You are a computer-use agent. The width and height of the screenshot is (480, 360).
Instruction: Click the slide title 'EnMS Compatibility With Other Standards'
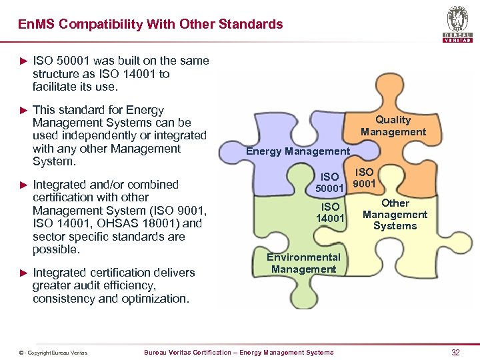[x=151, y=25]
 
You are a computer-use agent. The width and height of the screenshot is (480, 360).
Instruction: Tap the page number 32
[x=455, y=352]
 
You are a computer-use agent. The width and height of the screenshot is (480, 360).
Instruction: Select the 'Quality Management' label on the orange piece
[x=393, y=126]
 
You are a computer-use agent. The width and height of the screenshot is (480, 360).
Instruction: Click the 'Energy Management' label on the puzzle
[x=297, y=151]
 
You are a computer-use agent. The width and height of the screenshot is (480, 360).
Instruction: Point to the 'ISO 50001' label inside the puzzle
[x=329, y=183]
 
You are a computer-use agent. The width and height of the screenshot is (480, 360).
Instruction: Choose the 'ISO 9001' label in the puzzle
[x=364, y=178]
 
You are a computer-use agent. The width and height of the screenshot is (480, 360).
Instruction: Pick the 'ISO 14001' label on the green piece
[x=330, y=213]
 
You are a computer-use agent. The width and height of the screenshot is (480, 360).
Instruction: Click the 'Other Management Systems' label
[x=395, y=215]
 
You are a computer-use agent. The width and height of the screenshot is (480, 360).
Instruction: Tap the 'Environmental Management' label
[x=303, y=263]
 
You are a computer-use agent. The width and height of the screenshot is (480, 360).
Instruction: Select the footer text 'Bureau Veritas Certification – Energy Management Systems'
[x=239, y=352]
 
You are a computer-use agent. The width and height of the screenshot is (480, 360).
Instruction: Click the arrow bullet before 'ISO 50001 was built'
[x=24, y=61]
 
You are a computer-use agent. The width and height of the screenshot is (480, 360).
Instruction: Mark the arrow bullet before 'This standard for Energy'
[x=24, y=110]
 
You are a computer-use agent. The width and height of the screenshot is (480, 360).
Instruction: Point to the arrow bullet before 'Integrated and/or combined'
[x=24, y=185]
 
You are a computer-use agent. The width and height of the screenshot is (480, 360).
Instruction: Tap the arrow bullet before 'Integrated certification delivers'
[x=24, y=273]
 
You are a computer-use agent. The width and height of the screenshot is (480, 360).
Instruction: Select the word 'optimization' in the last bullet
[x=155, y=299]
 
